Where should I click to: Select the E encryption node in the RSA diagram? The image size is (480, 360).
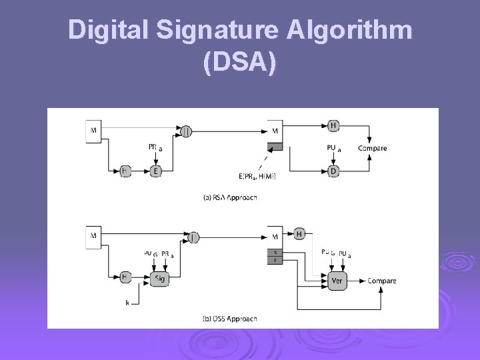point(157,171)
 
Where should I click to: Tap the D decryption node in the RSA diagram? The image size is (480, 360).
point(333,171)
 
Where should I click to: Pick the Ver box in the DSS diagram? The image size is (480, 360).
point(337,281)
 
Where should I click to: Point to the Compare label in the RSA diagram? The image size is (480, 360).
point(372,148)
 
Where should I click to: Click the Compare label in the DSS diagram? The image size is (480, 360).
point(381,281)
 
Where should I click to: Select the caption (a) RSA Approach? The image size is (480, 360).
point(229,197)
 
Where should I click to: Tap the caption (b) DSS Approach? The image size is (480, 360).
point(229,319)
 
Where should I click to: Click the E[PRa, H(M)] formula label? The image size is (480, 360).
point(257,176)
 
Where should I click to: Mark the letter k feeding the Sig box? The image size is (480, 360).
point(127,303)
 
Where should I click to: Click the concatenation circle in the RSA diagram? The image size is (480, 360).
point(186,131)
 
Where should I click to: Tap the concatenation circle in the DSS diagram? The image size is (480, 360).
point(193,236)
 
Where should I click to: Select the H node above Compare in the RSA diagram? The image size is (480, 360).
point(333,125)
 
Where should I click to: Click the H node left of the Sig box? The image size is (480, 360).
point(125,277)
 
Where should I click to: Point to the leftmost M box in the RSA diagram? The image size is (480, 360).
point(93,131)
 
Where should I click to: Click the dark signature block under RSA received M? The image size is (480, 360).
point(275,146)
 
